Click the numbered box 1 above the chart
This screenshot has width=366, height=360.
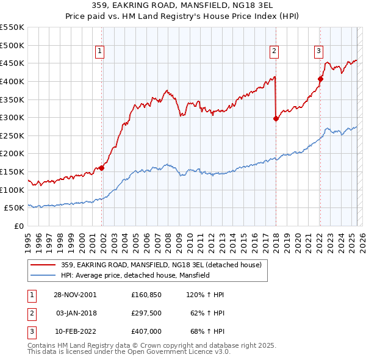click(x=99, y=51)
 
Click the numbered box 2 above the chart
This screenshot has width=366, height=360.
click(x=274, y=51)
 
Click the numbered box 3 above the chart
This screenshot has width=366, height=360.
click(x=319, y=51)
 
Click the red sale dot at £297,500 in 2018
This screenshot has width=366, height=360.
click(x=276, y=118)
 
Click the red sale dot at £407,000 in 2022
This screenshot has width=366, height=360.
click(x=320, y=79)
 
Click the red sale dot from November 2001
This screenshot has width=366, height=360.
click(x=102, y=168)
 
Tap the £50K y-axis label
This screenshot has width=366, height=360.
click(x=15, y=208)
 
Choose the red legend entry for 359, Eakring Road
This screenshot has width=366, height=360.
click(x=161, y=265)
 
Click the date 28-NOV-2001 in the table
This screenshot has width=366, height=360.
click(x=76, y=295)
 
